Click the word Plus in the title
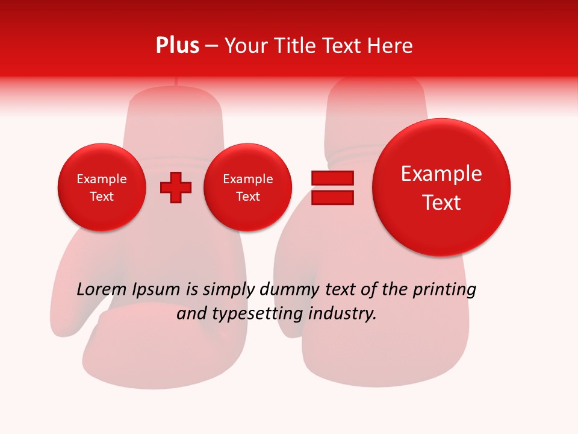coord(177,46)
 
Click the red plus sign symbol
coord(176,187)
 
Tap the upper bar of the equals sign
coord(332,178)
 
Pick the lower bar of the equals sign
coord(332,197)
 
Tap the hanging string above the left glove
coord(175,83)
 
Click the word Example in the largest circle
coord(441,174)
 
